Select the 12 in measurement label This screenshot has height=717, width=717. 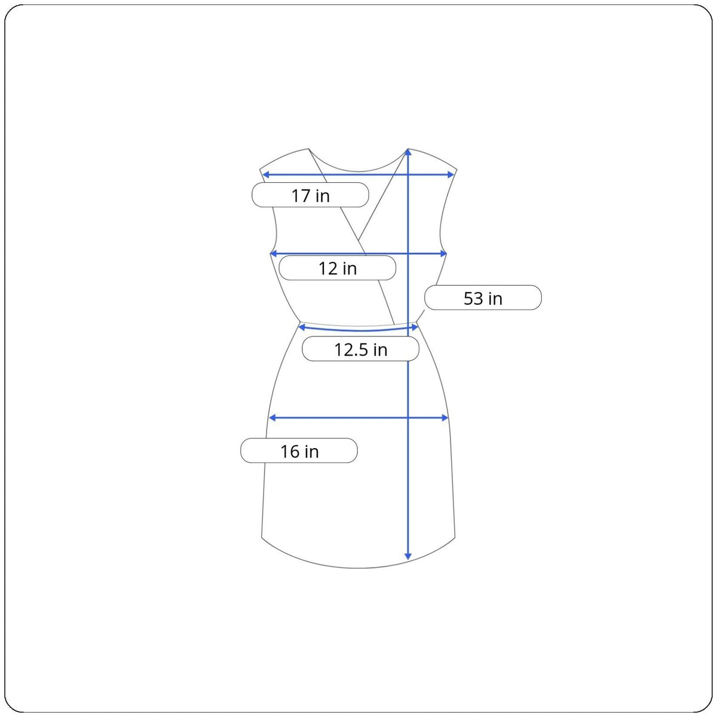pyautogui.click(x=337, y=268)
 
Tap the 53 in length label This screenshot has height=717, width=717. pyautogui.click(x=483, y=298)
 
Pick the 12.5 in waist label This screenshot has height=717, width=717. pyautogui.click(x=360, y=349)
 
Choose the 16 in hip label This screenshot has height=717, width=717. pyautogui.click(x=299, y=451)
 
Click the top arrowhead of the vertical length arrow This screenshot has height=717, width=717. pyautogui.click(x=408, y=152)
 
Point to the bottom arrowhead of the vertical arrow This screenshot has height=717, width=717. pyautogui.click(x=408, y=556)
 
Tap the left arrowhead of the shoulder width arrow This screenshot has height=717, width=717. pyautogui.click(x=266, y=175)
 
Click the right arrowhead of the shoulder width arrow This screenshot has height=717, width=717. pyautogui.click(x=451, y=175)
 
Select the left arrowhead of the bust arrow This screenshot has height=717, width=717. pyautogui.click(x=273, y=254)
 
